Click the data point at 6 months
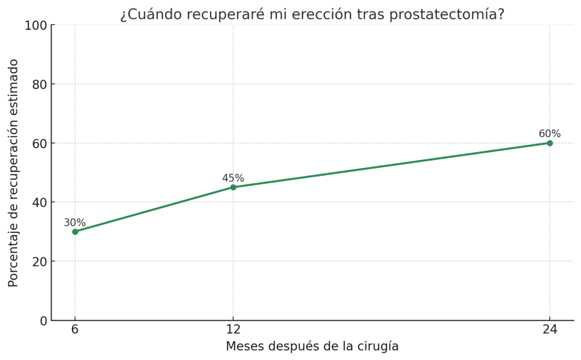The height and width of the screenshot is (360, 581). [75, 232]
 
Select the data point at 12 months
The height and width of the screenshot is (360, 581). [233, 187]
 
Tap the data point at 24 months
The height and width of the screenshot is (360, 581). [550, 143]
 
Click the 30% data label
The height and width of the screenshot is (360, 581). [74, 223]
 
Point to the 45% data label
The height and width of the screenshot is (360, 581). [233, 178]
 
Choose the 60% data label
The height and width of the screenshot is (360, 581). [549, 134]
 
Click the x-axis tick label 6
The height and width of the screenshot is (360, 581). [75, 329]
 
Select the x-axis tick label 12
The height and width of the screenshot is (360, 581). [233, 329]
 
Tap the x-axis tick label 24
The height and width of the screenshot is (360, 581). [550, 329]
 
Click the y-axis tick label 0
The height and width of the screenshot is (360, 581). [43, 321]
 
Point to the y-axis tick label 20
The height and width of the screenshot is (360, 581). [39, 262]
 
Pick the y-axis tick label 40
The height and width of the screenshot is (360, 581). [39, 202]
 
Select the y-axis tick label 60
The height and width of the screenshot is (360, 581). [39, 143]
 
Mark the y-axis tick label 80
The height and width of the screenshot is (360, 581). [39, 84]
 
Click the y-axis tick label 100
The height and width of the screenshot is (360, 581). [35, 26]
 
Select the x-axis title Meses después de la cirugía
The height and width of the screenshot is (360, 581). [312, 346]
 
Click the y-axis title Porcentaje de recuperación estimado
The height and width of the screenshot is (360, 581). [14, 173]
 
